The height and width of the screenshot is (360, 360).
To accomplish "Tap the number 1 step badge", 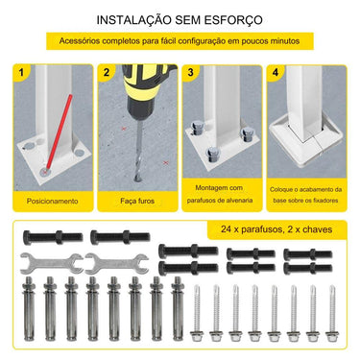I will click(x=21, y=73).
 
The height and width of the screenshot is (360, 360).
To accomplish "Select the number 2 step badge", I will click(x=106, y=73).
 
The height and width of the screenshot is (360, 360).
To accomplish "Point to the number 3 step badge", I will click(x=191, y=73).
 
